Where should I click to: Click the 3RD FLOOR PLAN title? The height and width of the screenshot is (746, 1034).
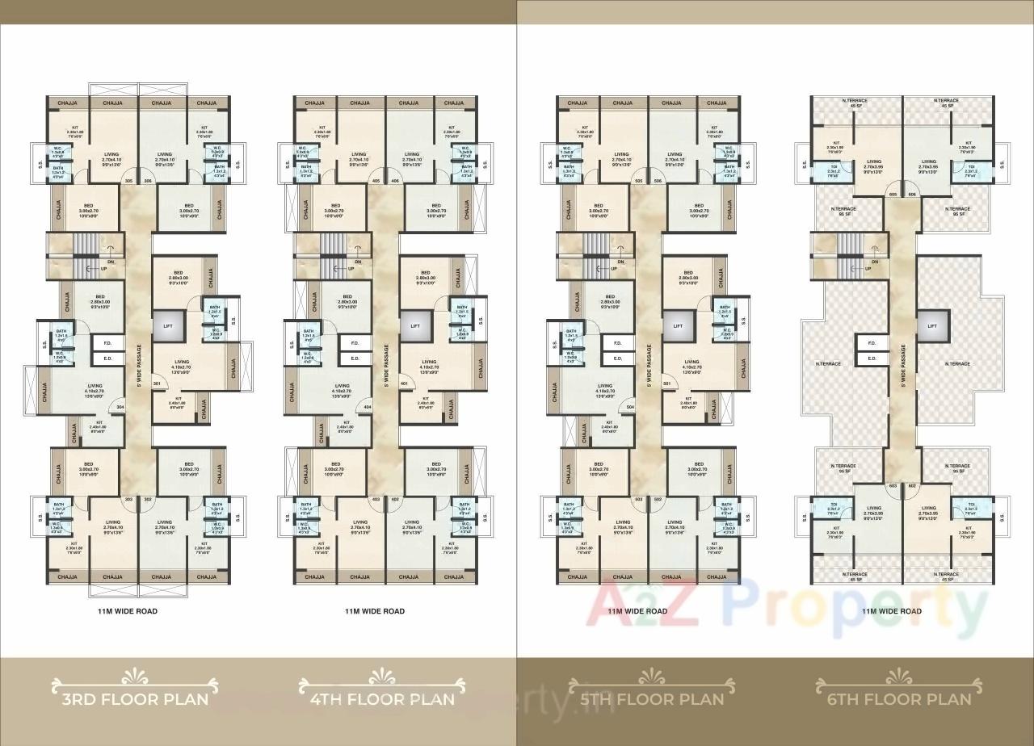[x=134, y=698]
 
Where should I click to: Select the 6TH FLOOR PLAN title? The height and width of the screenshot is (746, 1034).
[x=893, y=698]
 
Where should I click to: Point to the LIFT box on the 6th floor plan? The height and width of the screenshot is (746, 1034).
[x=931, y=326]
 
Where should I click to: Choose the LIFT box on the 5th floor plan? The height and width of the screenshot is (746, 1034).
[x=679, y=326]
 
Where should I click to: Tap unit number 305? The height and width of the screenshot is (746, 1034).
[x=129, y=182]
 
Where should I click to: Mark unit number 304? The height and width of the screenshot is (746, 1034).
[x=120, y=408]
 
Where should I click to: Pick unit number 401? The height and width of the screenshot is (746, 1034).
[x=404, y=383]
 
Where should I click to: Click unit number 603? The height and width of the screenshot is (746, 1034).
[x=893, y=486]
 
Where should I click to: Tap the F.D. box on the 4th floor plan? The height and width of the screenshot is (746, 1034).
[x=355, y=343]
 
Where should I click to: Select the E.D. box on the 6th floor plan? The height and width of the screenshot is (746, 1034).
[x=872, y=358]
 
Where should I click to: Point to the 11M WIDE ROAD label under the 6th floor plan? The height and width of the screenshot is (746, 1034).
[x=891, y=611]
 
